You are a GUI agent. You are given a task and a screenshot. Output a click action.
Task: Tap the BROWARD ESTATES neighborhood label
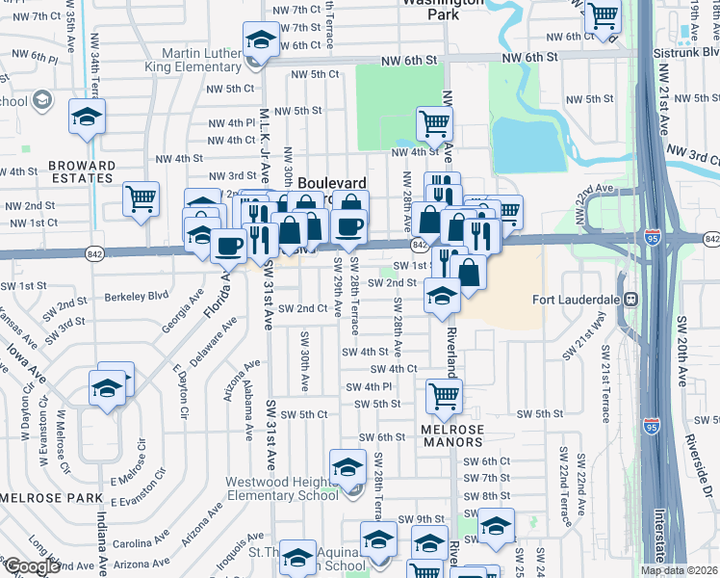point(82,171)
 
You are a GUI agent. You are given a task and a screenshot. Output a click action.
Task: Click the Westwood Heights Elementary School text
point(282,488)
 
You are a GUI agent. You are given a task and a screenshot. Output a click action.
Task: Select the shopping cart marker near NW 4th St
point(434,122)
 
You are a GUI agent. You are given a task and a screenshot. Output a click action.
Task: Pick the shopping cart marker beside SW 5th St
point(444,393)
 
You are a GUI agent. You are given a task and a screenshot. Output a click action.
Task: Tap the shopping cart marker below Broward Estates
point(141,198)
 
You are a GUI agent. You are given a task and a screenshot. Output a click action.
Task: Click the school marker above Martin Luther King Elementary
point(259,39)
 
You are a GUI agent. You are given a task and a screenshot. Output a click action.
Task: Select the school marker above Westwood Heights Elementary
point(347,467)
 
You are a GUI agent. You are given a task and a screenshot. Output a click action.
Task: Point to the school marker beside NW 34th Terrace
point(87,118)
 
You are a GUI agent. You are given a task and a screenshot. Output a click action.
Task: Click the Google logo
point(33,566)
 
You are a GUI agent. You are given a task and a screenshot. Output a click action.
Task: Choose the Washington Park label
point(443,8)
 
